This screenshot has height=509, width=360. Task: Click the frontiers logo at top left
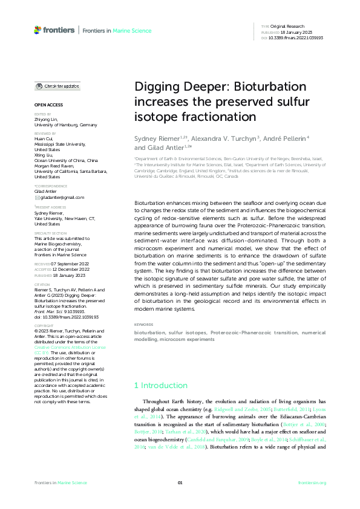point(54,30)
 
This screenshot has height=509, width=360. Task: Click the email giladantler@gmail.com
point(62,197)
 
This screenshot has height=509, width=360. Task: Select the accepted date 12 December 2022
point(68,268)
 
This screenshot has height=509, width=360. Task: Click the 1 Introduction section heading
point(160,385)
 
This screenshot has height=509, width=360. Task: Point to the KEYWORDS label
point(144,325)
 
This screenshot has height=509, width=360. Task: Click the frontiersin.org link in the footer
point(312,482)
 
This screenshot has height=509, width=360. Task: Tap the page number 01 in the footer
point(180,482)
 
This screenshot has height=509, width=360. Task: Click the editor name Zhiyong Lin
point(47,120)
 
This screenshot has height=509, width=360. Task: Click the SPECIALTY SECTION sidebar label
point(50,233)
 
